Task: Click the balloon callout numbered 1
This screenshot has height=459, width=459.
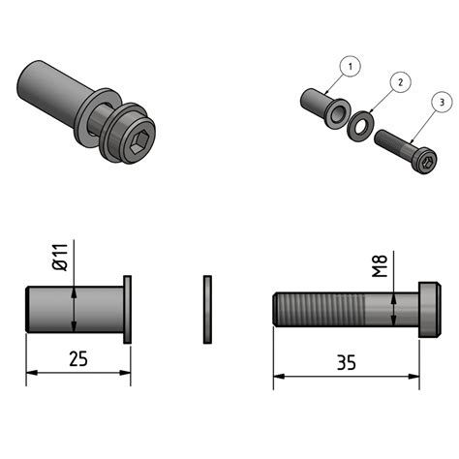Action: [x=352, y=66]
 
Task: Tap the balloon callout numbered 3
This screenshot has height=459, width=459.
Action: [x=442, y=101]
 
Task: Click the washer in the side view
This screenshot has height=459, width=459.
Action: [x=207, y=309]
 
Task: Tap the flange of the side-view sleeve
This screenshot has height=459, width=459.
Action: [x=127, y=309]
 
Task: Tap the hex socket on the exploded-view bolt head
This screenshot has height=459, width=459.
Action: [x=423, y=163]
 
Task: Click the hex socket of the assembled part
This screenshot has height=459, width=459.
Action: [x=139, y=143]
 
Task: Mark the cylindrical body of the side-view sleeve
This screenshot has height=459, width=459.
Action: [x=73, y=309]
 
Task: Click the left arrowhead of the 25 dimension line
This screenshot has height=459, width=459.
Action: [x=30, y=372]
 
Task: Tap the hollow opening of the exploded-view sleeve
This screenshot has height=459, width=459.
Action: [x=335, y=115]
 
